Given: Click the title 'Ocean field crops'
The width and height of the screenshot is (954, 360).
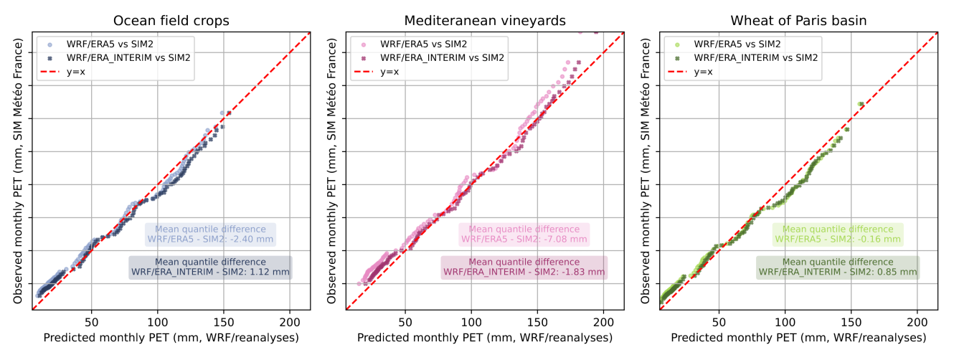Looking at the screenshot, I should (171, 21).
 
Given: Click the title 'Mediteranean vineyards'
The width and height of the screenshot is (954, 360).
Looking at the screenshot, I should (484, 21).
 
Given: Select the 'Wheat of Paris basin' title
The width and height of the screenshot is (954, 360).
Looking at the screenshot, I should (798, 21).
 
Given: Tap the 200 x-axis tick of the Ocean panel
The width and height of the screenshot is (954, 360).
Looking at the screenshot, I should (290, 321).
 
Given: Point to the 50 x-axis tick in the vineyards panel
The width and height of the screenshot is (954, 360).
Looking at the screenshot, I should (405, 321).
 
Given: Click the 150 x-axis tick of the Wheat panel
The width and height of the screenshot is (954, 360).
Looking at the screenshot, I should (851, 321).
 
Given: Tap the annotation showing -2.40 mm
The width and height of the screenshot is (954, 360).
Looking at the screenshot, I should (210, 234).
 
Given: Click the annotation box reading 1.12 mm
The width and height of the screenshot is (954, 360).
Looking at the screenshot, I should (210, 267).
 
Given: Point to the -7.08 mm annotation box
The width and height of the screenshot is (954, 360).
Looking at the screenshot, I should (524, 234).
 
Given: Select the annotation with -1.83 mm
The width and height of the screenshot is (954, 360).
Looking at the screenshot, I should (524, 267).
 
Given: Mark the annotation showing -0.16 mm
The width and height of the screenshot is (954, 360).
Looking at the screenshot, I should (838, 234).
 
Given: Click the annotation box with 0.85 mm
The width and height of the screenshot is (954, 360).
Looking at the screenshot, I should (838, 267).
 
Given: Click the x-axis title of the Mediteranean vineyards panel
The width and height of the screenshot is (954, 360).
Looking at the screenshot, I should (484, 337).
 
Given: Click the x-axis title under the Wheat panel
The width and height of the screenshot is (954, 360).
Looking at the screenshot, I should (798, 337).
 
